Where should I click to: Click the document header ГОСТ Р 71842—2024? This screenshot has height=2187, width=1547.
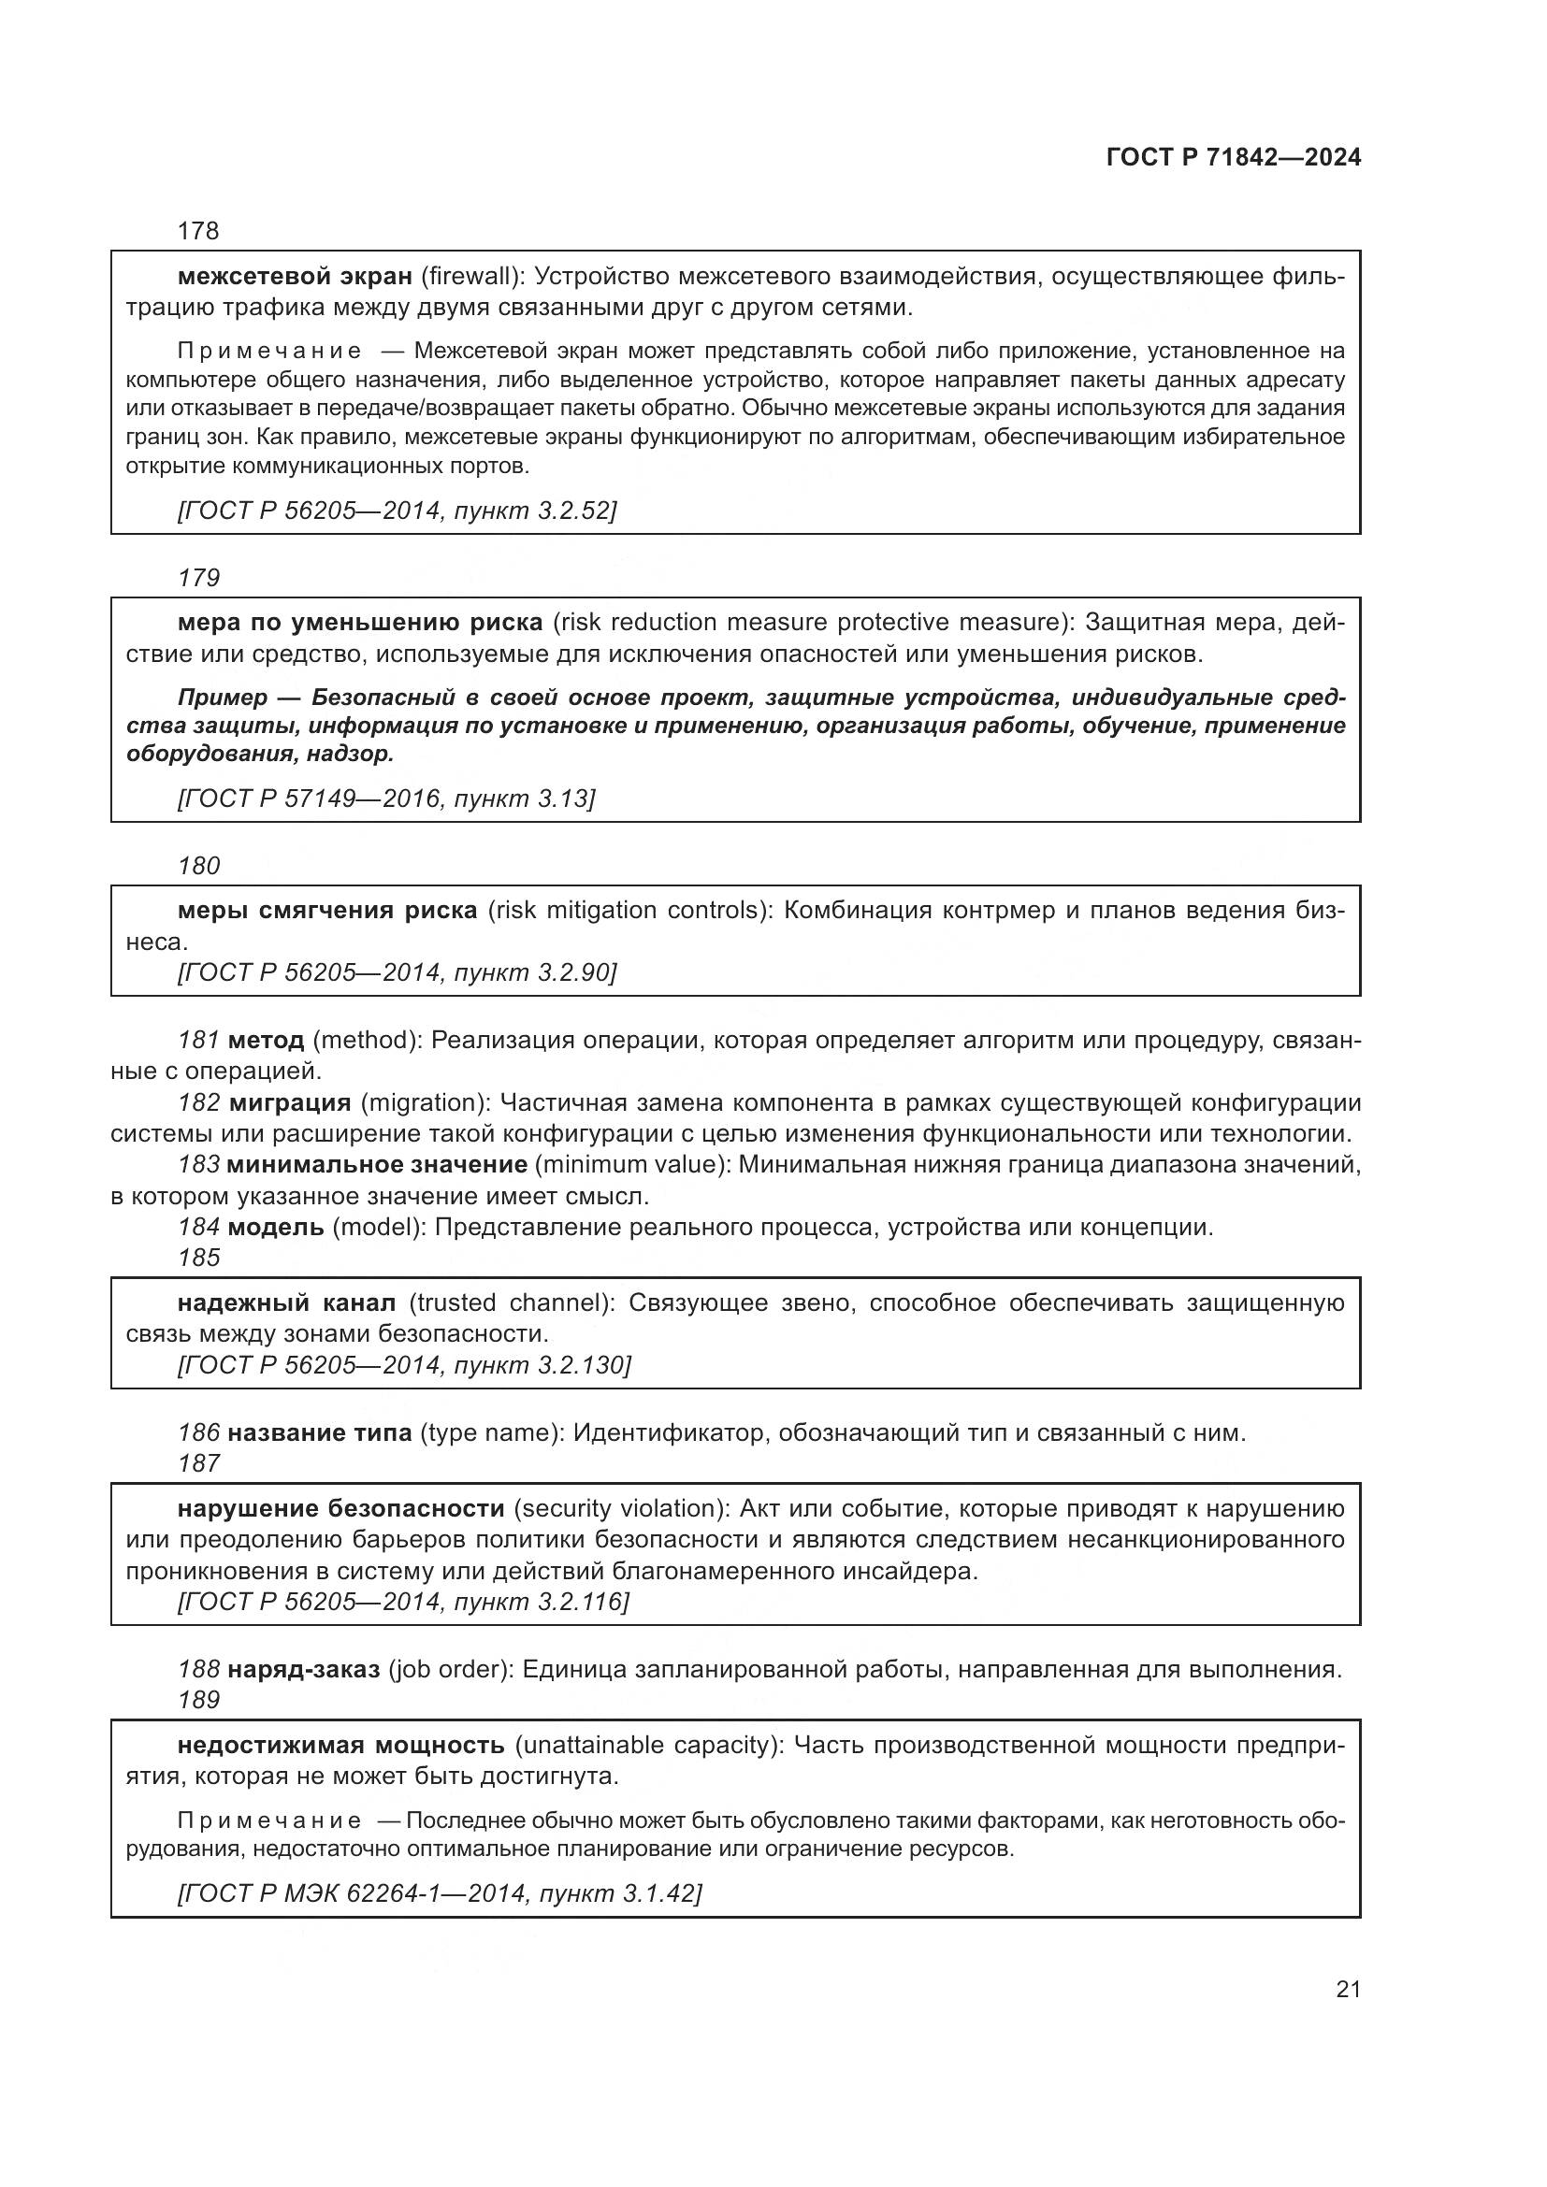click(1233, 158)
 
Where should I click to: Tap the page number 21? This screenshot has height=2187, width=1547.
click(1348, 1990)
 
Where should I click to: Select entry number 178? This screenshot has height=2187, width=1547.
click(198, 231)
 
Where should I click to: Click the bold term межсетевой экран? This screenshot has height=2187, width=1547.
click(295, 276)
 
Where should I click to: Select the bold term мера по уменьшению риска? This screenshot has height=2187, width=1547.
click(360, 623)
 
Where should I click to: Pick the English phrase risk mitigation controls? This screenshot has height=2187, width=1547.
click(629, 911)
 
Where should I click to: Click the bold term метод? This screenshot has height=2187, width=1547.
click(266, 1040)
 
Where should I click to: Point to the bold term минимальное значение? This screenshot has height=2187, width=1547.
click(377, 1165)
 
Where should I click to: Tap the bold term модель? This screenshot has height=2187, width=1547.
click(276, 1227)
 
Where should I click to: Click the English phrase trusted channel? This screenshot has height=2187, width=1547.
click(509, 1303)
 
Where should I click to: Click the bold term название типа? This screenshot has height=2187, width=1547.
click(320, 1432)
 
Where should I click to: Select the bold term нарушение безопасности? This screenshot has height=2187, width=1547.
click(341, 1509)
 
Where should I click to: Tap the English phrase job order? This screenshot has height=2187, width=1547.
click(447, 1669)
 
